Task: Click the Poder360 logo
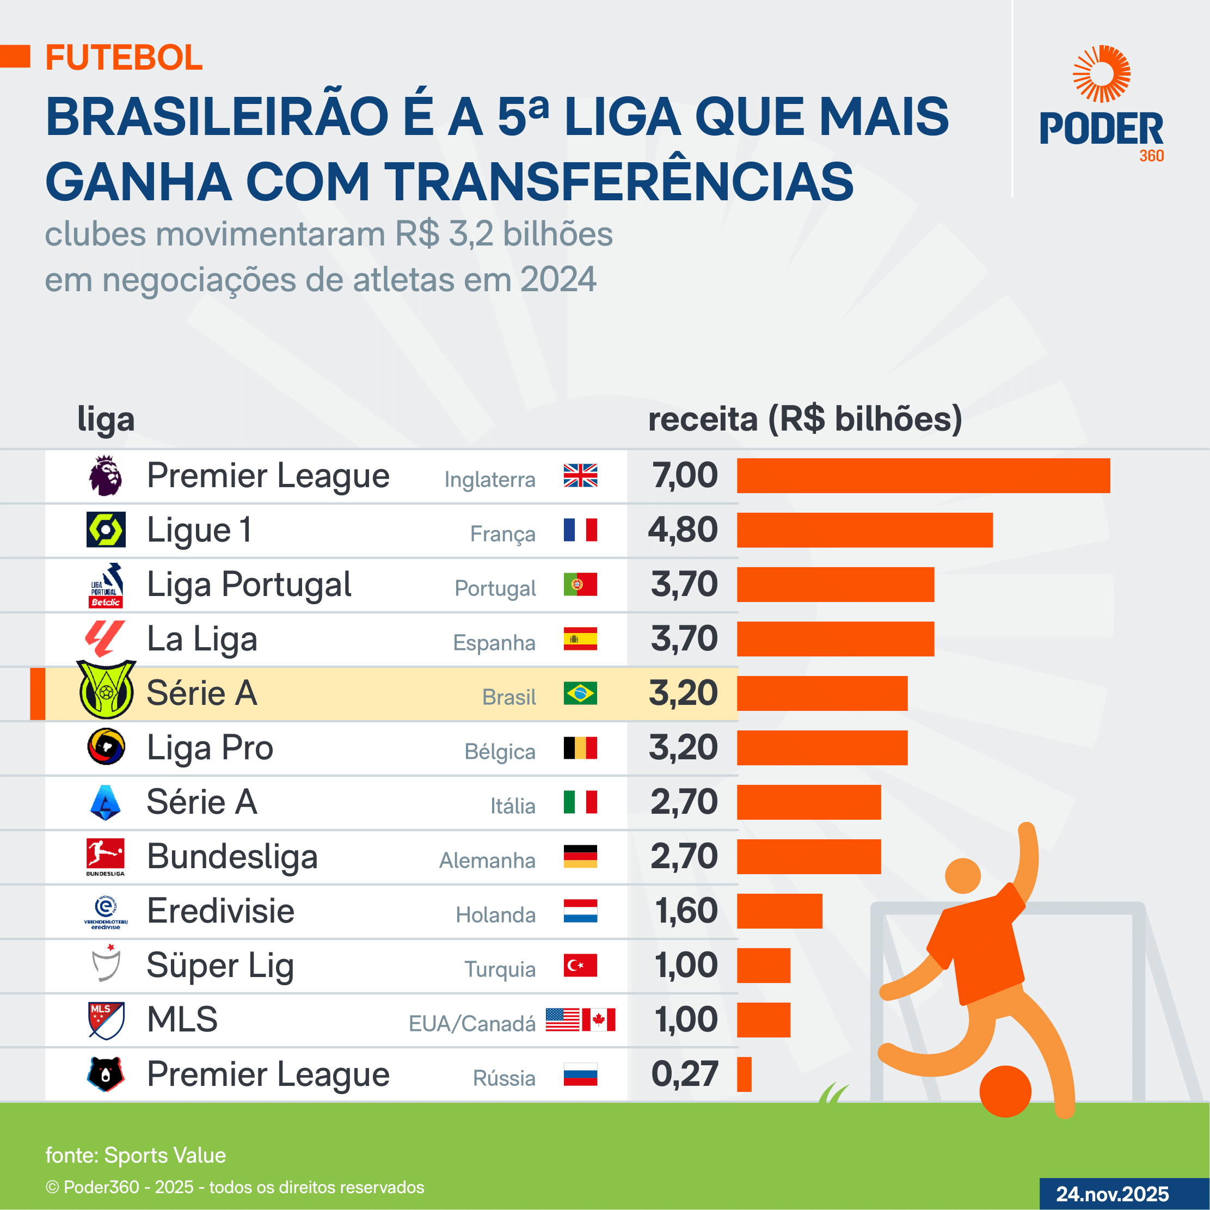click(1101, 103)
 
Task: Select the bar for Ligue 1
click(864, 530)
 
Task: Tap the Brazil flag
click(580, 693)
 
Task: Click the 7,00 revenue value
click(685, 475)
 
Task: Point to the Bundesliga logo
click(105, 856)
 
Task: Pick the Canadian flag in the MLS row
click(598, 1019)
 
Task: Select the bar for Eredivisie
click(779, 911)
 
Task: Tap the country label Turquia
click(500, 969)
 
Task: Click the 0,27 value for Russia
click(685, 1074)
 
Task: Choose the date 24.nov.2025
click(1113, 1194)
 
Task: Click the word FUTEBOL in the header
click(124, 58)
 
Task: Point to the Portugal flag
click(580, 585)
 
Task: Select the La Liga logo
click(105, 638)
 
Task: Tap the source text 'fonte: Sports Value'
click(136, 1155)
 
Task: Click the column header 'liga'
click(106, 420)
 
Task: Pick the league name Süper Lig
click(220, 966)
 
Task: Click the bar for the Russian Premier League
click(744, 1074)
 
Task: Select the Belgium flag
click(580, 748)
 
